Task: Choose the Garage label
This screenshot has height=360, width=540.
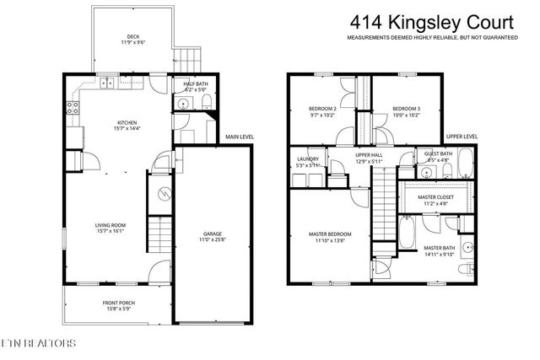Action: (212, 237)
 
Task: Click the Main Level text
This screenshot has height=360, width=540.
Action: (239, 137)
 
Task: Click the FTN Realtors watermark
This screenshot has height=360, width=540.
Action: (38, 344)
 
